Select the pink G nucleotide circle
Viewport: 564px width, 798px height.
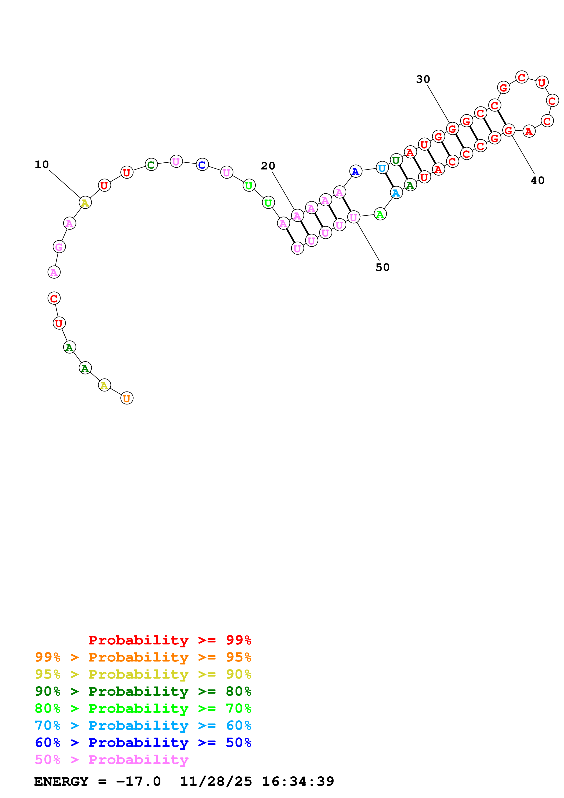point(59,247)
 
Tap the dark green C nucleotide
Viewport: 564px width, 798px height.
point(151,164)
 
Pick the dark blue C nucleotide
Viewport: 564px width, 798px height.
point(202,164)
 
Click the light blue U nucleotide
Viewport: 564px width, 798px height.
point(382,168)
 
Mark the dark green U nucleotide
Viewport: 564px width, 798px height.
point(396,160)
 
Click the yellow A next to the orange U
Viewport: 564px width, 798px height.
point(104,385)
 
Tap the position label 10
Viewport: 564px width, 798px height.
point(42,164)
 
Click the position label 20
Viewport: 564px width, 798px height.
point(268,166)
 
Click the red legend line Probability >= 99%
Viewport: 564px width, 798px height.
point(169,640)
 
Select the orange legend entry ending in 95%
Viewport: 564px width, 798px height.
point(143,657)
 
